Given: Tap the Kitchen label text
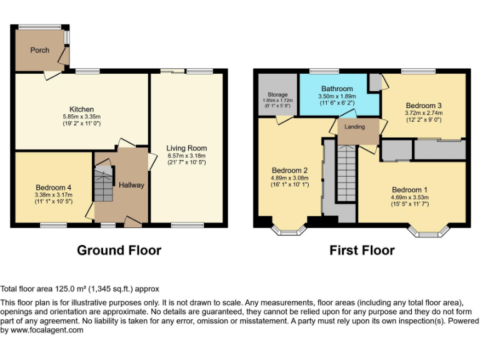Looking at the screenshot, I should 81,109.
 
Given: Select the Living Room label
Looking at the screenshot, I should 186,148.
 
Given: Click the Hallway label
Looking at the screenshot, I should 131,185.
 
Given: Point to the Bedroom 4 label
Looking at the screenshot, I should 53,187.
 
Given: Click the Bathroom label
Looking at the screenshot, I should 337,89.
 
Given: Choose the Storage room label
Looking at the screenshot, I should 277,95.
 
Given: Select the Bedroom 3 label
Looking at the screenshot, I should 423,106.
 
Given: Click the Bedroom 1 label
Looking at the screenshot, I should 409,190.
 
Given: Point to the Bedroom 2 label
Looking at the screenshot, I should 289,170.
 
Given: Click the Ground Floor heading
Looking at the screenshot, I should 119,251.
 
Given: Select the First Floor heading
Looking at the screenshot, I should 362,251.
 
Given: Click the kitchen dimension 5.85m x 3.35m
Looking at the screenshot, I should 81,117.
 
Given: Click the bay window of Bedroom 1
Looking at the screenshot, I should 427,232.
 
